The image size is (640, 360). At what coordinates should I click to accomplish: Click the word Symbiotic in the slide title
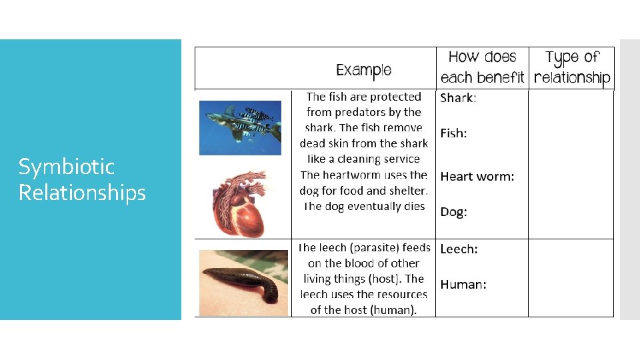point(67,167)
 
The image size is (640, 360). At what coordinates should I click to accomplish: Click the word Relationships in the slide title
point(82,193)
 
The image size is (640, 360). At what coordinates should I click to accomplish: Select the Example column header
point(363,70)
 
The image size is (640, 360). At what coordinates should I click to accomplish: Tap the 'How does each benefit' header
point(482,67)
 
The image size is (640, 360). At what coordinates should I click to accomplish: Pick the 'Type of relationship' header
point(572,67)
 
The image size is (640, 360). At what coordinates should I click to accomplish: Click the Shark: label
point(458,98)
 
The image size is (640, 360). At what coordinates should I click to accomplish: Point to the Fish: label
point(453,133)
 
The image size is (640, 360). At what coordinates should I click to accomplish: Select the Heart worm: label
point(477,177)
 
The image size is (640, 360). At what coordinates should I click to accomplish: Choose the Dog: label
point(453,212)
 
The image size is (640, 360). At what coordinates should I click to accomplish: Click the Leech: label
point(459,249)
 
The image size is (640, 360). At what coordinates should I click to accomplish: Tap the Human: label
point(463,285)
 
